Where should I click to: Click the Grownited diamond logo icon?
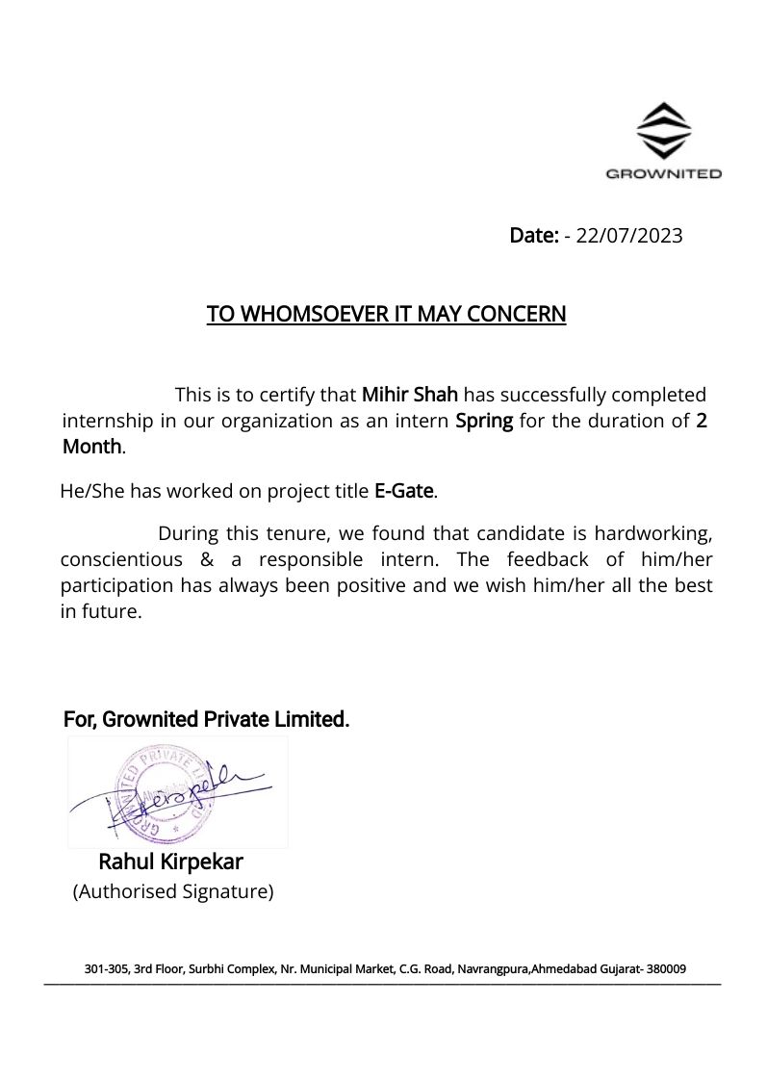point(664,131)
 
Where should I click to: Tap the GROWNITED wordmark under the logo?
point(664,174)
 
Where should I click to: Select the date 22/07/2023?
point(629,236)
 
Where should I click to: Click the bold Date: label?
point(534,236)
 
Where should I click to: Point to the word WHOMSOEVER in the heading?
point(310,315)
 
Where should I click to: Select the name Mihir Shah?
point(410,395)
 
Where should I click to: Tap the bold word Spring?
point(484,421)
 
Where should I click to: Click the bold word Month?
point(92,447)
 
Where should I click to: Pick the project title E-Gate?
point(404,491)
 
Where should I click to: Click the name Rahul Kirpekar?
point(170,862)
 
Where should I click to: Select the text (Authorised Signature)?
point(173,891)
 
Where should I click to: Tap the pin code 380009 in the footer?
point(666,969)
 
